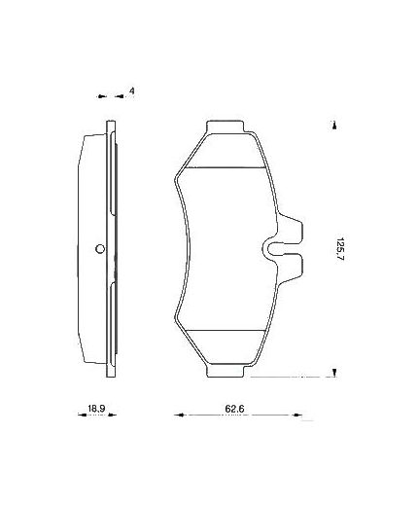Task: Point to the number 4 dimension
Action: (130, 91)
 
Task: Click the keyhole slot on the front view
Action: (277, 248)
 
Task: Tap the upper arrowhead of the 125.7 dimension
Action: (333, 124)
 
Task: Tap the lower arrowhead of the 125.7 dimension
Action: (333, 373)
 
